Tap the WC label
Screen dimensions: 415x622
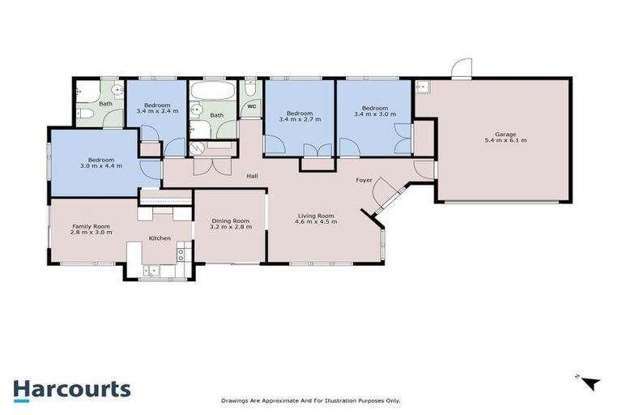[251, 106]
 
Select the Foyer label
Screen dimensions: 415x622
[364, 179]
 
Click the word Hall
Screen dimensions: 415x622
[252, 175]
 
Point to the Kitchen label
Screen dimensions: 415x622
[158, 238]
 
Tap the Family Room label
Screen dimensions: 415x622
[87, 229]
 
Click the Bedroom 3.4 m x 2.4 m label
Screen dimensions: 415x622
[157, 109]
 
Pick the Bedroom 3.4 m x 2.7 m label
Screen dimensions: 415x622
[299, 116]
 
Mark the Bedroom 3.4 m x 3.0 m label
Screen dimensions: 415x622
[374, 112]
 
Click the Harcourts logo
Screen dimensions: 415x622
[71, 388]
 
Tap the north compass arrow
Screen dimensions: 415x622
[591, 383]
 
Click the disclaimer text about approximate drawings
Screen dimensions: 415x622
[311, 400]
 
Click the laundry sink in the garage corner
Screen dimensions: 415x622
[422, 86]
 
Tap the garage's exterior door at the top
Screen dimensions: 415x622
[461, 70]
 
